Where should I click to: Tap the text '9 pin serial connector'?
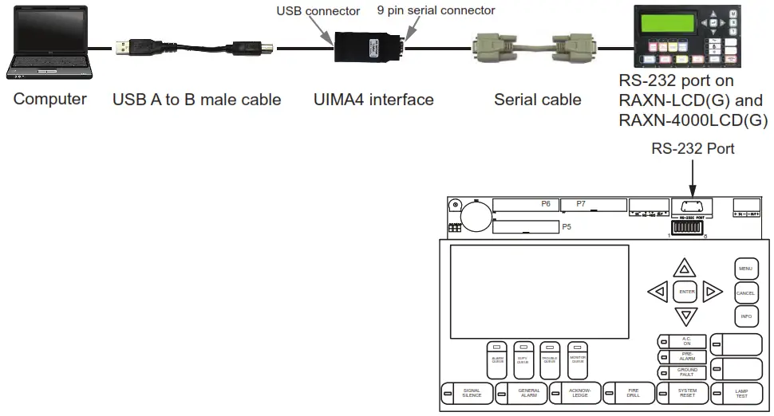coord(436,10)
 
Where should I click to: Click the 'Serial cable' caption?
coord(537,100)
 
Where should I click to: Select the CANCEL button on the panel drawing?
coord(745,293)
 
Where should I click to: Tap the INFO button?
coord(745,316)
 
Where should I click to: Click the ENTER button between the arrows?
coord(686,292)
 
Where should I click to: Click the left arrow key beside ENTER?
coord(658,292)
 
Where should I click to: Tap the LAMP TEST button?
coord(740,393)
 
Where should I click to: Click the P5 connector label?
coord(566,227)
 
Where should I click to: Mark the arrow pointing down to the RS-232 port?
coord(693,176)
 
